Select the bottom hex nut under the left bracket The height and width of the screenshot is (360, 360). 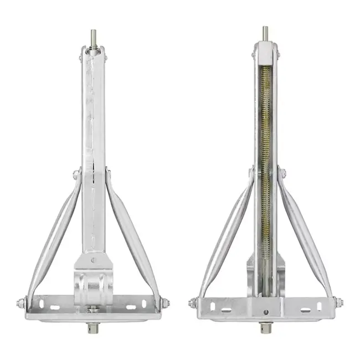(x=91, y=328)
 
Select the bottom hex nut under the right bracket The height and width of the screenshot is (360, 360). (x=266, y=328)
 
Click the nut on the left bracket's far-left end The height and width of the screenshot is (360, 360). (x=20, y=304)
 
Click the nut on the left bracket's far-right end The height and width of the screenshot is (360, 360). (x=165, y=304)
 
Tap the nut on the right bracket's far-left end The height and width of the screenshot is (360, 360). (x=193, y=303)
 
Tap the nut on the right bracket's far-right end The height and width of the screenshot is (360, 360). (x=338, y=303)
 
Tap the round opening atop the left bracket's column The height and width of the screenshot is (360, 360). (x=92, y=53)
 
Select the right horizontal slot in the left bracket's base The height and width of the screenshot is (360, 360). (x=133, y=306)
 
